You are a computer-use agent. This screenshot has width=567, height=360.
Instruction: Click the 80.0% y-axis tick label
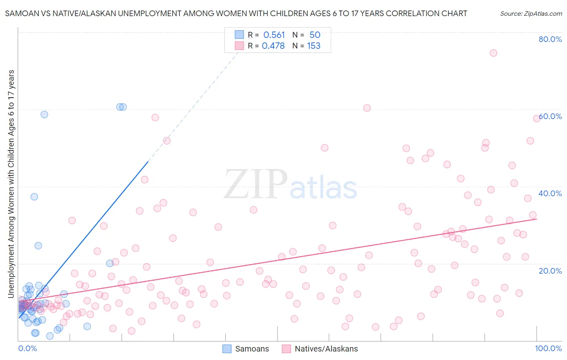click(x=550, y=39)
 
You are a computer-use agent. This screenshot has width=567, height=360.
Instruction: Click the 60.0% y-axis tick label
click(x=550, y=116)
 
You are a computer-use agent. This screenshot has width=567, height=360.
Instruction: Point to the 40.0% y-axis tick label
click(x=550, y=193)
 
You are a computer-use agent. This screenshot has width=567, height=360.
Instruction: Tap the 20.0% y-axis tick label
click(x=550, y=270)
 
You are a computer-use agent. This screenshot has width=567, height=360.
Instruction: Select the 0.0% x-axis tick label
click(x=27, y=348)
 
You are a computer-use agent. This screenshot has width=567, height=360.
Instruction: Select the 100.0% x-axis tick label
click(x=548, y=348)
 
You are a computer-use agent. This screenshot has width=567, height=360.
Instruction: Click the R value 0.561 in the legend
click(x=274, y=35)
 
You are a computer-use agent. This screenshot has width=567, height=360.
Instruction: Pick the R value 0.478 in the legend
click(x=273, y=46)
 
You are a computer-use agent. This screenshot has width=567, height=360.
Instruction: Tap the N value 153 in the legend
click(x=313, y=46)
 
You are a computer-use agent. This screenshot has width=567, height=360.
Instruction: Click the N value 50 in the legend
click(x=315, y=35)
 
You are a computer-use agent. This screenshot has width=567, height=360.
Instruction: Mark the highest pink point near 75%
click(x=493, y=53)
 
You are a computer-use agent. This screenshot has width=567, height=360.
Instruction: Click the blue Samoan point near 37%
click(x=34, y=197)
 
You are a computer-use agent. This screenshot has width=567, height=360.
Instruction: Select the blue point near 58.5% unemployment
click(x=44, y=114)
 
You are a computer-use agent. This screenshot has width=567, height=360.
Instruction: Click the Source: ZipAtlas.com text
click(x=531, y=13)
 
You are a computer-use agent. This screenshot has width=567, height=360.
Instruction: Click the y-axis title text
click(x=11, y=184)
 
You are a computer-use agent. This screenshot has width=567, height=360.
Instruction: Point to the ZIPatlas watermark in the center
click(x=290, y=185)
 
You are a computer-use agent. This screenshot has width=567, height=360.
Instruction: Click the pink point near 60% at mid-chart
click(x=367, y=108)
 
